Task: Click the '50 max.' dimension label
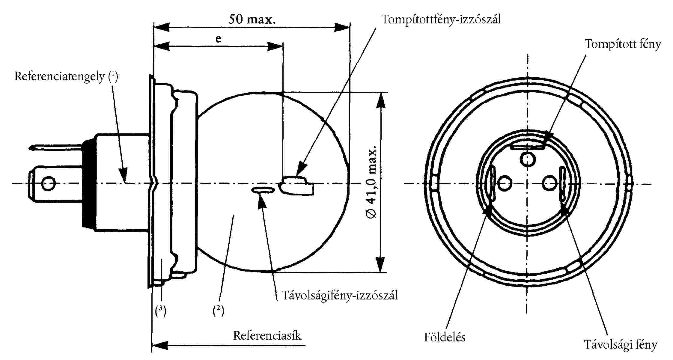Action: tap(252, 20)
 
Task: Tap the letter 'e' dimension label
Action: tap(218, 39)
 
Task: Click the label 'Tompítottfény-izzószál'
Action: tap(441, 19)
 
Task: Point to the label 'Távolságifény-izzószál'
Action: tap(339, 296)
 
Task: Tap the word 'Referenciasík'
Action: tap(267, 335)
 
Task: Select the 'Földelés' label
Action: tap(445, 337)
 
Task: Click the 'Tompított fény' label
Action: tap(623, 44)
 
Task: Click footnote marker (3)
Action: tap(161, 311)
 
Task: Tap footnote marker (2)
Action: tap(218, 311)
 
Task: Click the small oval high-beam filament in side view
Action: tap(263, 190)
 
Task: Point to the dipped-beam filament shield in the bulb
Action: tap(297, 186)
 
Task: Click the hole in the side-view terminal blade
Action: tap(48, 183)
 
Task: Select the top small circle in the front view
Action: tap(528, 159)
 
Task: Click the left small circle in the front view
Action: tap(505, 183)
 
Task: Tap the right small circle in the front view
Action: tap(550, 183)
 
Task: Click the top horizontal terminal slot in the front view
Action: tap(527, 147)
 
